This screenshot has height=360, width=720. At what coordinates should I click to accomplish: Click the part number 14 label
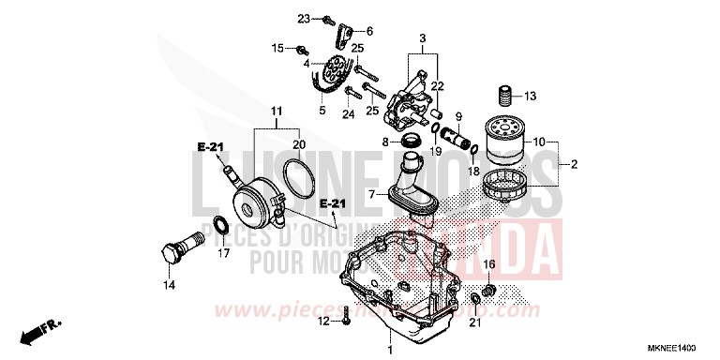(x=170, y=284)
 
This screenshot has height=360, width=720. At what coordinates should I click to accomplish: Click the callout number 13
(x=531, y=96)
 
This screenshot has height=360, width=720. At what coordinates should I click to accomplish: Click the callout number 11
(x=277, y=112)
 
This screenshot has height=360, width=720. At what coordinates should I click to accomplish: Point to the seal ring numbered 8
(x=411, y=141)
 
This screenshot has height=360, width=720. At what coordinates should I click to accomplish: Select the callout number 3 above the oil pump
(x=423, y=39)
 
